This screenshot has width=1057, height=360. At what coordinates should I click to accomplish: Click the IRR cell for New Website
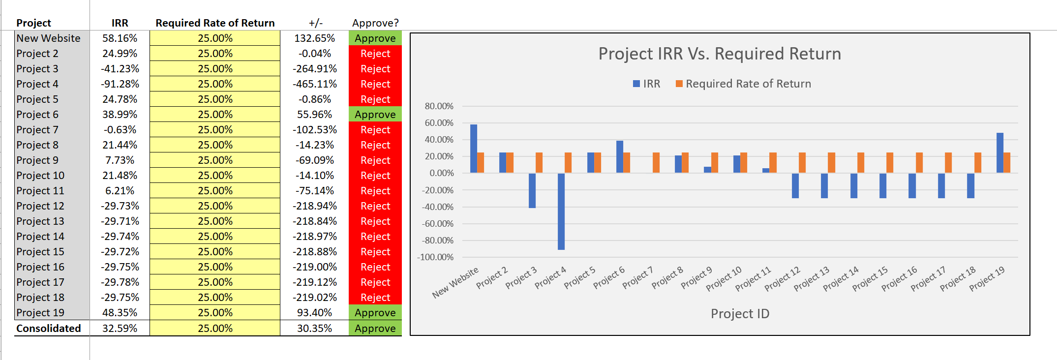click(120, 38)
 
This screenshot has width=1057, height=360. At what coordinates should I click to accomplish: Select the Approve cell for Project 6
click(375, 115)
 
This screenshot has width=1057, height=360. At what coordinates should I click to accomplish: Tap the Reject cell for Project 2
click(375, 54)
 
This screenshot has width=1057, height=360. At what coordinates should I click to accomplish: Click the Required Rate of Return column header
click(215, 23)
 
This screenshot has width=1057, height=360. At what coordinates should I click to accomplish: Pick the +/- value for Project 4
click(314, 84)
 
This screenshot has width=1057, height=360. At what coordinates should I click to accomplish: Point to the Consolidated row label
click(48, 329)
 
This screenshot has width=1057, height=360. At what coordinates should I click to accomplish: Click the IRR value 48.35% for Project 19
click(120, 313)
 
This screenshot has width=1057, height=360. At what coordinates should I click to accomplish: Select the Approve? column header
click(375, 23)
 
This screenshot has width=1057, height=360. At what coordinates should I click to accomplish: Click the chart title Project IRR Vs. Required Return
click(719, 54)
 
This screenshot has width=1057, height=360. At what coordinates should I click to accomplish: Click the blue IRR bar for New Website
click(474, 149)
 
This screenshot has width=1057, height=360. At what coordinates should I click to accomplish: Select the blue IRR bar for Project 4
click(561, 211)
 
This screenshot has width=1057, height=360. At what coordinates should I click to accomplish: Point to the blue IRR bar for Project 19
click(1000, 152)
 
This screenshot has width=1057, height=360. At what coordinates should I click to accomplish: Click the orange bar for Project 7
click(656, 163)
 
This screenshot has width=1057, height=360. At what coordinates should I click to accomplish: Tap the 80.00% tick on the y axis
click(439, 106)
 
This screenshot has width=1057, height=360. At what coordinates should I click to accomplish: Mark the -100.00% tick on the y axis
click(435, 257)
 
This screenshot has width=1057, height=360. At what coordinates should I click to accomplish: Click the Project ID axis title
click(740, 314)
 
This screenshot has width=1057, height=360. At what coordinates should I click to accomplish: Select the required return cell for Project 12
click(215, 206)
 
